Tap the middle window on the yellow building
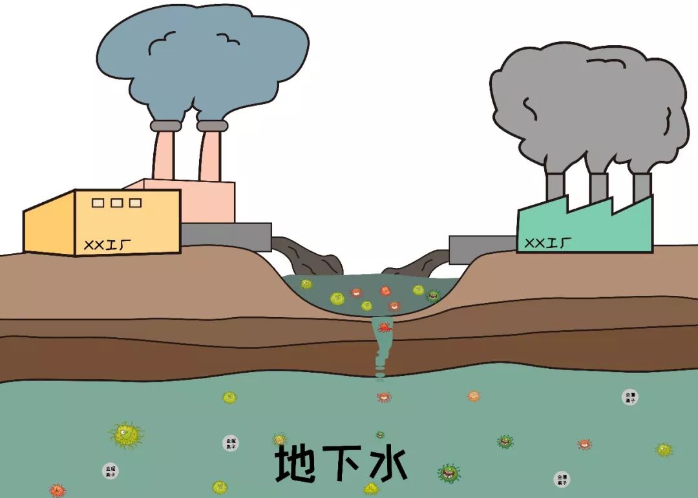(117, 203)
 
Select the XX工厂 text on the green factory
(548, 243)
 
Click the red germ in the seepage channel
(385, 327)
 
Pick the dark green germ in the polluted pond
(434, 295)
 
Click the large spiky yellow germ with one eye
(127, 435)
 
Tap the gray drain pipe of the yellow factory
(226, 236)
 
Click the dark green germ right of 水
(449, 473)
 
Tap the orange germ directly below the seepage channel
(384, 397)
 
